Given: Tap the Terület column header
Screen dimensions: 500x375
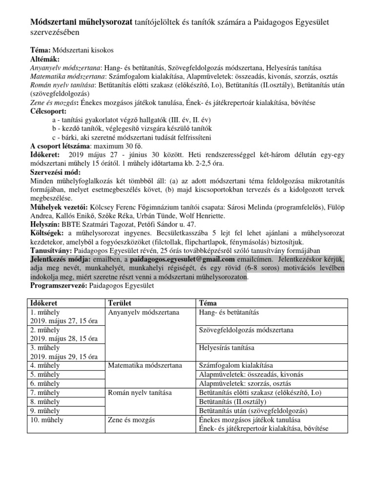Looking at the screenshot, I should click(x=122, y=303).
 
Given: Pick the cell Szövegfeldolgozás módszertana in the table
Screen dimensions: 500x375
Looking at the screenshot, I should click(x=247, y=330).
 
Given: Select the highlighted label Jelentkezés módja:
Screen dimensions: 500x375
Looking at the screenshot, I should click(x=61, y=259).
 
